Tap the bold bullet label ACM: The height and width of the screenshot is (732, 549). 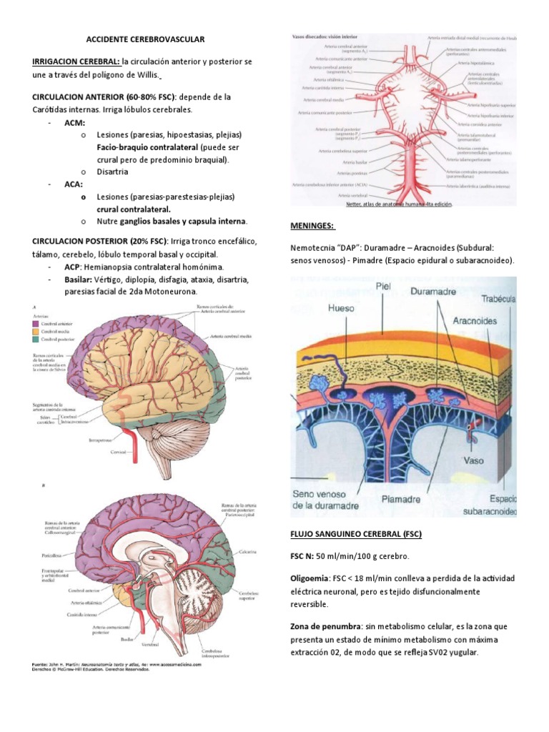(x=74, y=123)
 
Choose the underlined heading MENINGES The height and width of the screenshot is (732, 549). (x=312, y=226)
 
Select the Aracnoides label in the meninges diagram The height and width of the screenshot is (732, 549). (x=475, y=321)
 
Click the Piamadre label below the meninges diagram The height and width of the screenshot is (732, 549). (x=400, y=498)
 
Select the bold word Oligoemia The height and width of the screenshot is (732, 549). (x=310, y=578)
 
